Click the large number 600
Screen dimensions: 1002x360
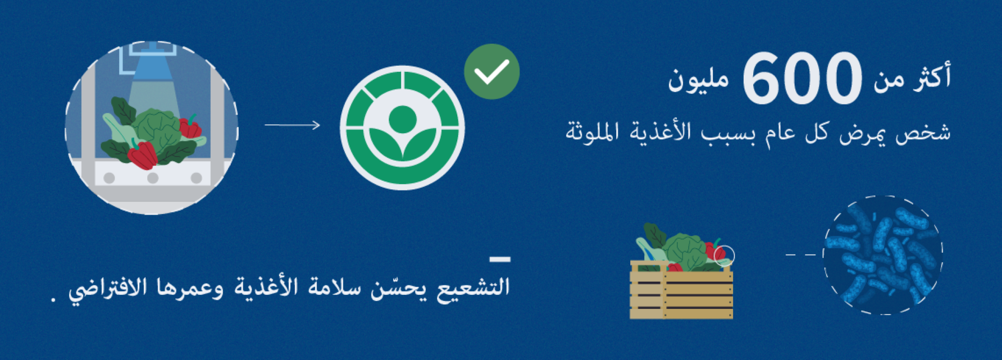coord(802,78)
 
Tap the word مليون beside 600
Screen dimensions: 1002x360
coord(698,80)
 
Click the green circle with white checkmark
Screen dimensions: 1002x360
coord(492,72)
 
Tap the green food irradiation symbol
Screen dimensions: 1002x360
coord(402,128)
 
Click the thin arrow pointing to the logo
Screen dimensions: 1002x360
coord(292,125)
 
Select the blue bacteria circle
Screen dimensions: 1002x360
coord(883,254)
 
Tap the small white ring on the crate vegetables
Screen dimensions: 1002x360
coord(724,256)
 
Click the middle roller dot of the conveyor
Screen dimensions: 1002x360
coord(152,178)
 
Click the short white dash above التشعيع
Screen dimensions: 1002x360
coord(500,259)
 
